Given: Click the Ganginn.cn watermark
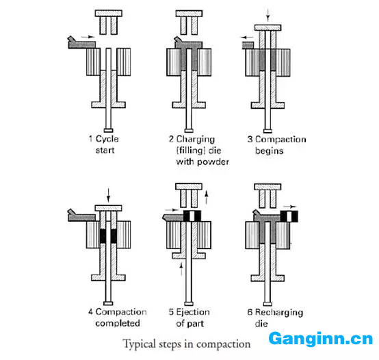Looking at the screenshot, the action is point(320,339).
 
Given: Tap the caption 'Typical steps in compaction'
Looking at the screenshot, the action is point(187,344).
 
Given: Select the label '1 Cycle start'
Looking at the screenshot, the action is point(104,144).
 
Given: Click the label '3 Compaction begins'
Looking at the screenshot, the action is point(276,145).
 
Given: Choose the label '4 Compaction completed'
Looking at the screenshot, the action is point(118,317).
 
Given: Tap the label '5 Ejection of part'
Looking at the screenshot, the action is point(189,318).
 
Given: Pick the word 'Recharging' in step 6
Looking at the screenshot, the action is point(279,312).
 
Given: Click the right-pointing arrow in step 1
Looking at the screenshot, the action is point(88,37).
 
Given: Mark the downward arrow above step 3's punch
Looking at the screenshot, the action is point(267,15).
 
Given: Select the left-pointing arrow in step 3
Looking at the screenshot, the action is point(247,38).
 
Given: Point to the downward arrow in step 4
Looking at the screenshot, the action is point(108,195).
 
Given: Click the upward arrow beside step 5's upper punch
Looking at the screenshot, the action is point(206,197).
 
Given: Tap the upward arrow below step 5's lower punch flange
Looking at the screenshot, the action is point(181,269).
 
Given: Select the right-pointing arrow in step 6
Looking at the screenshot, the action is point(290,207).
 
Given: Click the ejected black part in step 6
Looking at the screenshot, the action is point(289,216).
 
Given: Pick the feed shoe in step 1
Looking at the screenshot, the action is point(81,43).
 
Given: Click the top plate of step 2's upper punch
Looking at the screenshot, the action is point(189,13).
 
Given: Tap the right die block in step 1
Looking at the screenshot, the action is point(124,62).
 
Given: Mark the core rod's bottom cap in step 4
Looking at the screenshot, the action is point(108,303).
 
